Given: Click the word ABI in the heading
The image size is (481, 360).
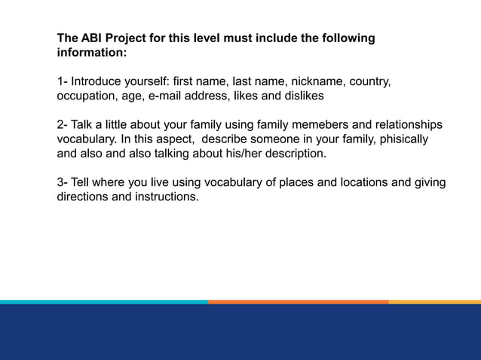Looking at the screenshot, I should pos(93,38).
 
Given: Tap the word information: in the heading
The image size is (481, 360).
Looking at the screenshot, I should pos(92,53).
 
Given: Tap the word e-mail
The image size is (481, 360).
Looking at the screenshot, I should pos(170,96).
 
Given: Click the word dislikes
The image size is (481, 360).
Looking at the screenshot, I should pos(302,96).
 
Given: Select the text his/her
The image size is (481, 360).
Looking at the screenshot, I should pos(242,154).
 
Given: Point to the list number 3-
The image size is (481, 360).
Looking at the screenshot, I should pos(63,183).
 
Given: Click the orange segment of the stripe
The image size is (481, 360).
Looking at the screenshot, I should pos(299,301).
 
